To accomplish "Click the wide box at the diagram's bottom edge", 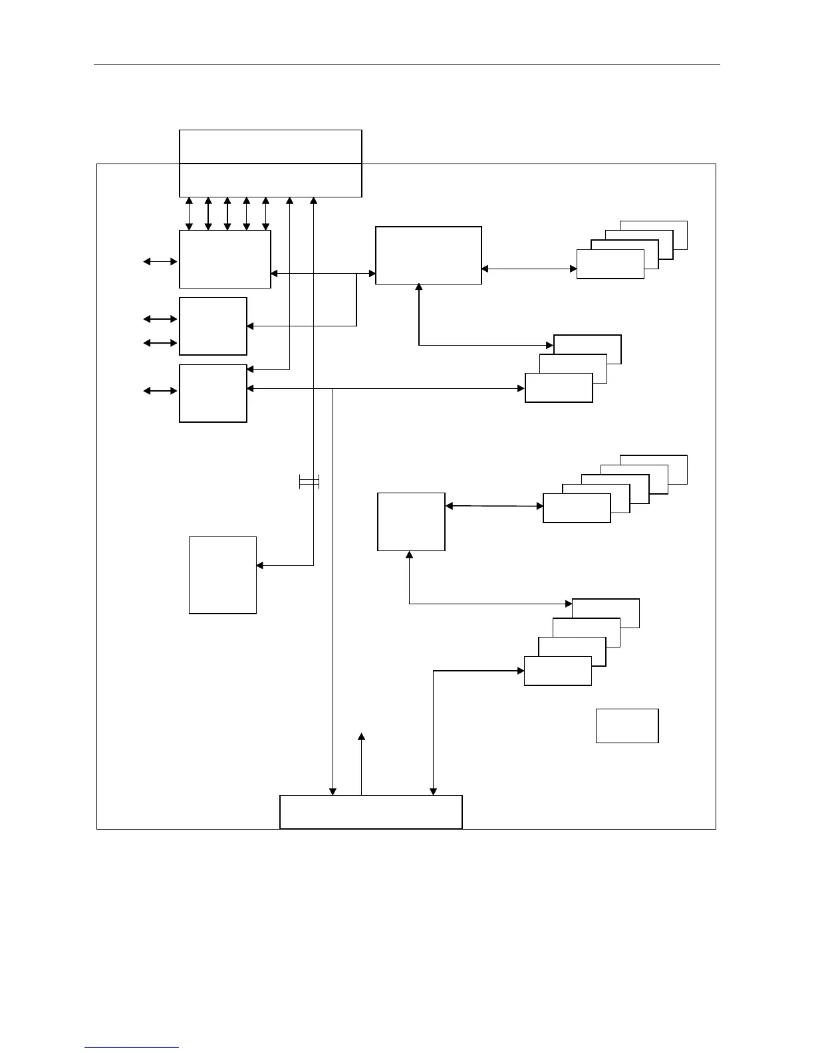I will point(370,812).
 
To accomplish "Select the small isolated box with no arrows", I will point(626,725).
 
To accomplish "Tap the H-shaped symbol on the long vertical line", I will point(309,483).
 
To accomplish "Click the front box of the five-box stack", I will point(577,508).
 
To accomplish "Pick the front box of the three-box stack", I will point(559,388).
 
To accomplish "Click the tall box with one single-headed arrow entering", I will point(223,574).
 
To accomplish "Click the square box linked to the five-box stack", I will point(411,521).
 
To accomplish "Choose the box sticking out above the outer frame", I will point(270,146).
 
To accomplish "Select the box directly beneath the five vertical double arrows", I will point(225,259).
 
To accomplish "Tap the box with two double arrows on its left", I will point(213,326).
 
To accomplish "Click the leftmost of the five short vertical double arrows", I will point(189,213).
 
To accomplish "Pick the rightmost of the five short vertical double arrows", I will point(265,213).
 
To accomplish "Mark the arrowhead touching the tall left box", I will point(260,566).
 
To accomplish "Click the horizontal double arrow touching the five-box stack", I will point(494,506).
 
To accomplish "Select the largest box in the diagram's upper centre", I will point(428,255).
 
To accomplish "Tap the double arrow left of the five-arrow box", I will point(160,262).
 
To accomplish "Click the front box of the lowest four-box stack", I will point(557,670).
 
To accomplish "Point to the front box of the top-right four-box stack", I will point(610,264).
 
